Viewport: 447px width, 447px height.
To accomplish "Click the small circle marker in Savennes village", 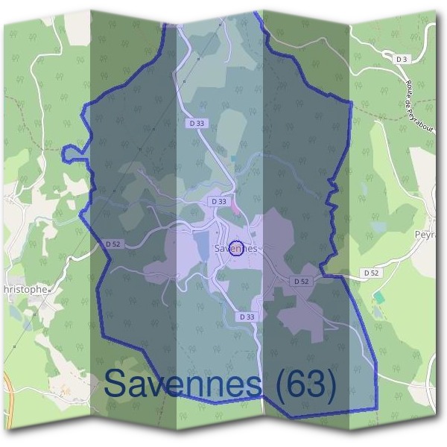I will pos(236,248).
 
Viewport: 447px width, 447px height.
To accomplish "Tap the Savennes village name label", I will pos(235,248).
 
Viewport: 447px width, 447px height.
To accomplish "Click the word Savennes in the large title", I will pos(183,382).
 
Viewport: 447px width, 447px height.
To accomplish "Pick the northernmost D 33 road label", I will pos(195,124).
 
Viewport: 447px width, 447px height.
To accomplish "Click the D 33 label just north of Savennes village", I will pos(218,201).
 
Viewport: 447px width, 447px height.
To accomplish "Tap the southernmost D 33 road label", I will pos(247,317).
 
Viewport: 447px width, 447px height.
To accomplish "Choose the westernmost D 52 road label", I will pos(113,244).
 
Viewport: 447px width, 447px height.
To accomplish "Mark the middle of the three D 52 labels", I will pos(301,281).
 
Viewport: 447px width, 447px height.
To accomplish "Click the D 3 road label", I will pos(402,58).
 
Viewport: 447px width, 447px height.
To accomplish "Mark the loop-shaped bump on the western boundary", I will pos(72,153).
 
